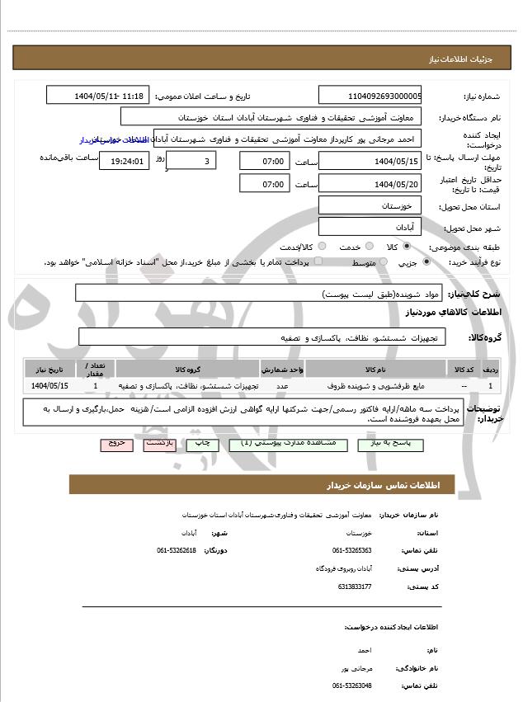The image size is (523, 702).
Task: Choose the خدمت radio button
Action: [368, 247]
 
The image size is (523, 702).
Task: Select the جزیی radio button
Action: [426, 261]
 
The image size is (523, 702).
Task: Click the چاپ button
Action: [203, 444]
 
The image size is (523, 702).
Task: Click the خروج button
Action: [116, 444]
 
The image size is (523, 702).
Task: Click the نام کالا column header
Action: [375, 369]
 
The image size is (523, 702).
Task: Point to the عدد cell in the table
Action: [281, 385]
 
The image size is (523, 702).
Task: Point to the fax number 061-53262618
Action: [177, 549]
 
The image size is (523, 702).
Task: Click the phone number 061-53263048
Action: [352, 685]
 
